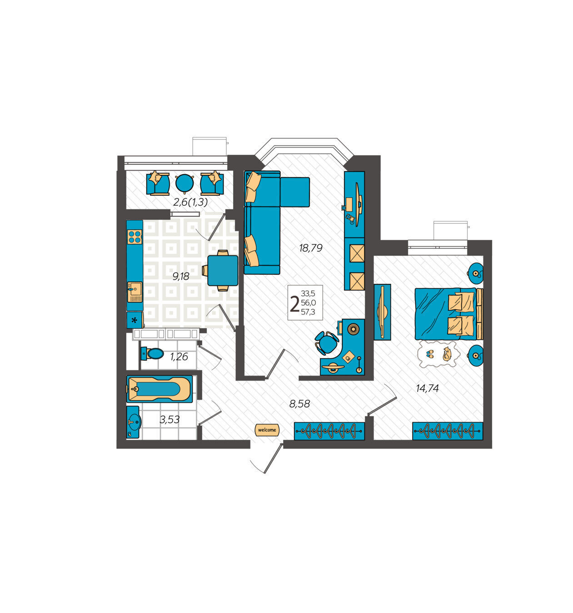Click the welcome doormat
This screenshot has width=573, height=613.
click(x=267, y=430)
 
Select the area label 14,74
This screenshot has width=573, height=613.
click(x=427, y=388)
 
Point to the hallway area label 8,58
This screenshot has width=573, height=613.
click(x=299, y=404)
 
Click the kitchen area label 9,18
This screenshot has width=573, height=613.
click(x=181, y=277)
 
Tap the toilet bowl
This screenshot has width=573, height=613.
click(x=153, y=353)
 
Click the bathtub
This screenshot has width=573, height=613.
click(x=159, y=389)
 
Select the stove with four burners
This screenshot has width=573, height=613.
click(x=135, y=237)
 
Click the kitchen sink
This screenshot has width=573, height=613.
click(x=135, y=292)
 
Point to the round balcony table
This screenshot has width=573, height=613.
click(x=184, y=183)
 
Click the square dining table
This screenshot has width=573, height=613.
click(x=222, y=270)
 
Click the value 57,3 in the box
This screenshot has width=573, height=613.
click(x=308, y=312)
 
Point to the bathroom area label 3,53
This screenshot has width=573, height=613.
click(x=169, y=420)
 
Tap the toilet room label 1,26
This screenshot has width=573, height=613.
click(x=179, y=357)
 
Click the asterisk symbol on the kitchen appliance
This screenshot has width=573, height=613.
click(x=135, y=321)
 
